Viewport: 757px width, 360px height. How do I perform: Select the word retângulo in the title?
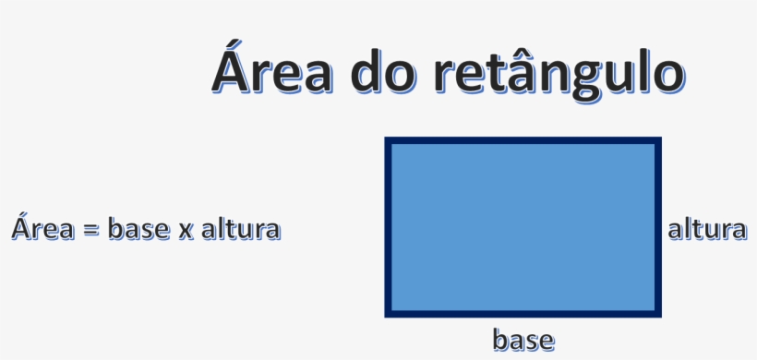(x=558, y=74)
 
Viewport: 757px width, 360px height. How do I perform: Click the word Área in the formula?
(x=41, y=227)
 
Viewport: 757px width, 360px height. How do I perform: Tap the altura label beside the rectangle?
(x=706, y=228)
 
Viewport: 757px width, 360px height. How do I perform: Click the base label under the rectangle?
(x=523, y=340)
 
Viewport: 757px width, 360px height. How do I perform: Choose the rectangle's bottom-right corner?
(x=658, y=313)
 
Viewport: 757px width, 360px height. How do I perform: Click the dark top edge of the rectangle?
(x=523, y=141)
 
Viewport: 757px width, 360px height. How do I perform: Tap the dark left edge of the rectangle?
(x=389, y=227)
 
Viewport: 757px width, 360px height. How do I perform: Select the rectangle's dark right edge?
(x=658, y=227)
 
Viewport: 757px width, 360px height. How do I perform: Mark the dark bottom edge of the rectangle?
(x=523, y=313)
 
